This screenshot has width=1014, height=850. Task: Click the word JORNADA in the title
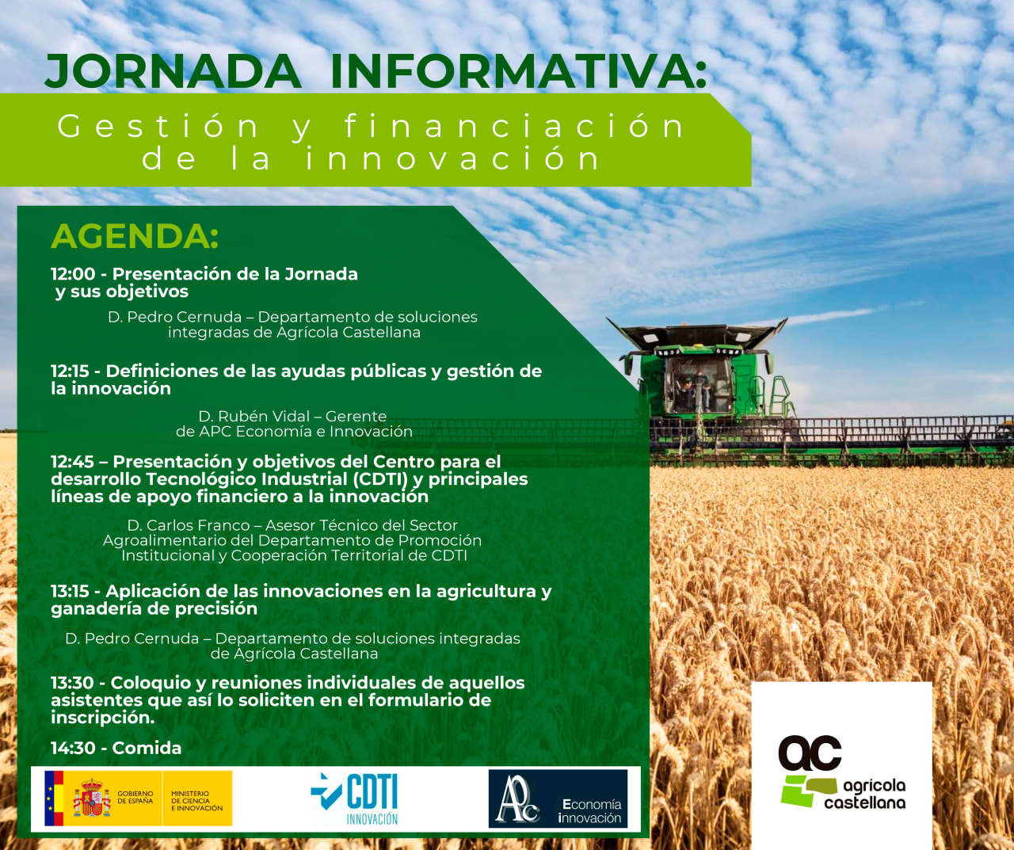173,71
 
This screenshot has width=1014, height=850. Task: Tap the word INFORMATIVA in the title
517,71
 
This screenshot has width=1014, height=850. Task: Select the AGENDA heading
135,237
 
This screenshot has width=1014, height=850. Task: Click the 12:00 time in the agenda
73,274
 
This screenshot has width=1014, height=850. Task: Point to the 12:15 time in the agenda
70,371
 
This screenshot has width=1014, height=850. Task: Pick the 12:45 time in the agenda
73,461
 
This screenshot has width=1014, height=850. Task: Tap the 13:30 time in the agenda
72,683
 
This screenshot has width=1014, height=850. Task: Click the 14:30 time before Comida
73,748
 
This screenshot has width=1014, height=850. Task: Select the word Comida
147,748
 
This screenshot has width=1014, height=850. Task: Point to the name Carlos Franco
198,525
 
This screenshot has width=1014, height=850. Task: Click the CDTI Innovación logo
355,799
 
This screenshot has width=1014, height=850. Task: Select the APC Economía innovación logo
558,799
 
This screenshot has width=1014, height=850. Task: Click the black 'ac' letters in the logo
810,753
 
